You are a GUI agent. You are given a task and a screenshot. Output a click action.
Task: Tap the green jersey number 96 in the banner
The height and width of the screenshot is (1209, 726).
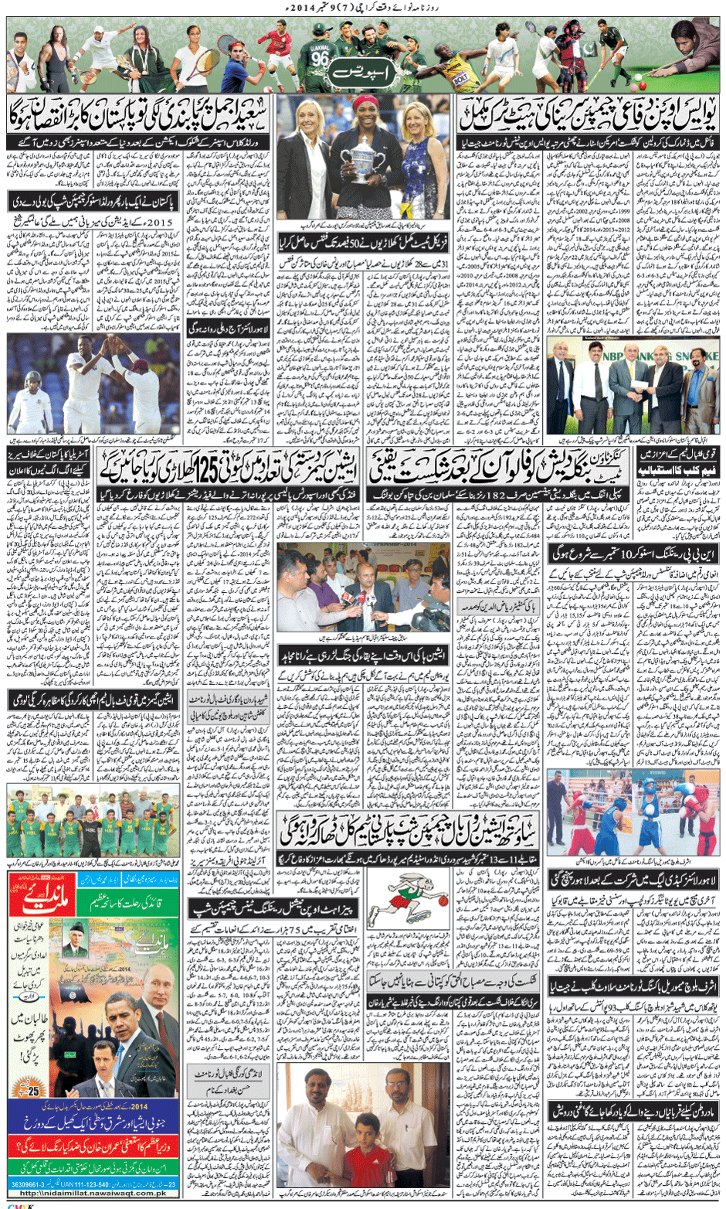[320, 58]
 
